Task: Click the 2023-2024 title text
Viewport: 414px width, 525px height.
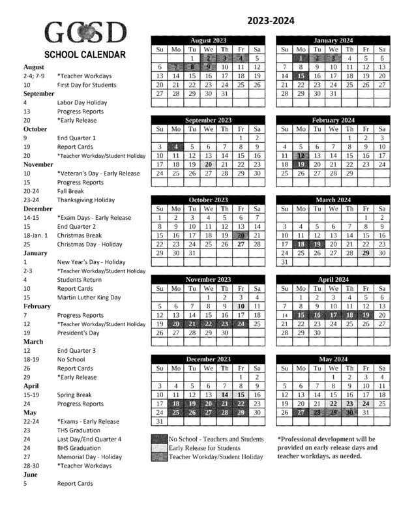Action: pos(271,22)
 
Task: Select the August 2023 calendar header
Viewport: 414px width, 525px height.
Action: pos(208,40)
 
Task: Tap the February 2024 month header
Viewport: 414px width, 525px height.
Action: pos(333,120)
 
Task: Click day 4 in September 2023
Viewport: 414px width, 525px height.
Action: pos(175,147)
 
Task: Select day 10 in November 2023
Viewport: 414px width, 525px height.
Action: pos(241,306)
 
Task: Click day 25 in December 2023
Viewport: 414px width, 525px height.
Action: pos(175,413)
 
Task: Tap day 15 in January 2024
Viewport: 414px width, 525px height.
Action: pos(301,76)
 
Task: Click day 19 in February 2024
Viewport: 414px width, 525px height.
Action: pos(301,165)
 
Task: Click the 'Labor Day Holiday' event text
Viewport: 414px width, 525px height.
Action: pos(82,102)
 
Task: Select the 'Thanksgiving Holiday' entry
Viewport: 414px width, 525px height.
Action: pos(86,200)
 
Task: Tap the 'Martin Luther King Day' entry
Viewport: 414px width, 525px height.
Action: pos(89,297)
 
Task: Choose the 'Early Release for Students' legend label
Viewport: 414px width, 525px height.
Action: pos(203,448)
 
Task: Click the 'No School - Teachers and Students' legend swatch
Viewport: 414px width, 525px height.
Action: pos(159,439)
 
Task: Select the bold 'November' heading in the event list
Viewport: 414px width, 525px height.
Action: pos(42,164)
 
